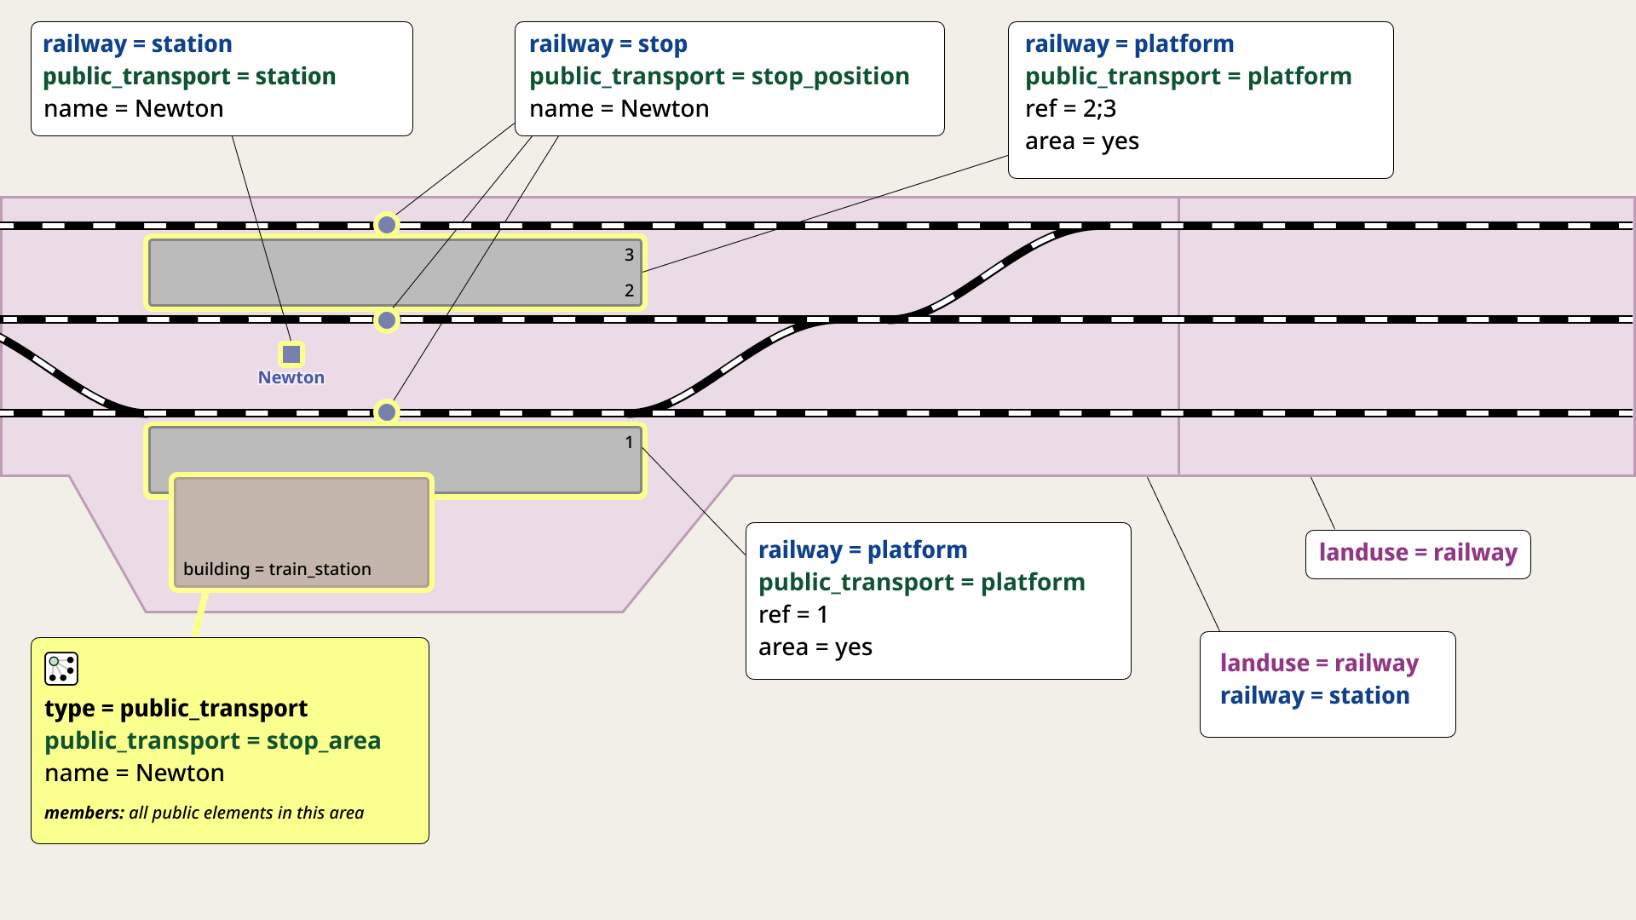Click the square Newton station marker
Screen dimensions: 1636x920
tap(291, 354)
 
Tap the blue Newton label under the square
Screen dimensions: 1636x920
tap(291, 377)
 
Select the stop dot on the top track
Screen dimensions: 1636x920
tap(387, 225)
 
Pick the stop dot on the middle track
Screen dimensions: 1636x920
tap(387, 320)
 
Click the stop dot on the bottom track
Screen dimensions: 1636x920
tap(387, 412)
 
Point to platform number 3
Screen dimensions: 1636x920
tap(630, 255)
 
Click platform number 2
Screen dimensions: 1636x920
tap(630, 290)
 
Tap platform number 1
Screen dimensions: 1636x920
tap(630, 442)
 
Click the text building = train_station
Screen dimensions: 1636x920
tap(277, 569)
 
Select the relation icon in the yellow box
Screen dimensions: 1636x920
tap(61, 669)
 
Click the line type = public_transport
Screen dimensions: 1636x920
tap(176, 709)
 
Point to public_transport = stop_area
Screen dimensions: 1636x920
tap(213, 741)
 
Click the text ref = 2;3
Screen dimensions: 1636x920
tap(1071, 109)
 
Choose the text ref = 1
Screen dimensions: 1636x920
tap(793, 615)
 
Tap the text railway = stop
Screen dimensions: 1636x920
tap(608, 44)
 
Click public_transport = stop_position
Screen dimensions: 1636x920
tap(719, 77)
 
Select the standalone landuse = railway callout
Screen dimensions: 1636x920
tap(1418, 554)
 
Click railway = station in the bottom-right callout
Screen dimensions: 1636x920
tap(1315, 696)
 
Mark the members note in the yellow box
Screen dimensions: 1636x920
tap(204, 813)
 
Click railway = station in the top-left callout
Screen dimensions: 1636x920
tap(137, 44)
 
